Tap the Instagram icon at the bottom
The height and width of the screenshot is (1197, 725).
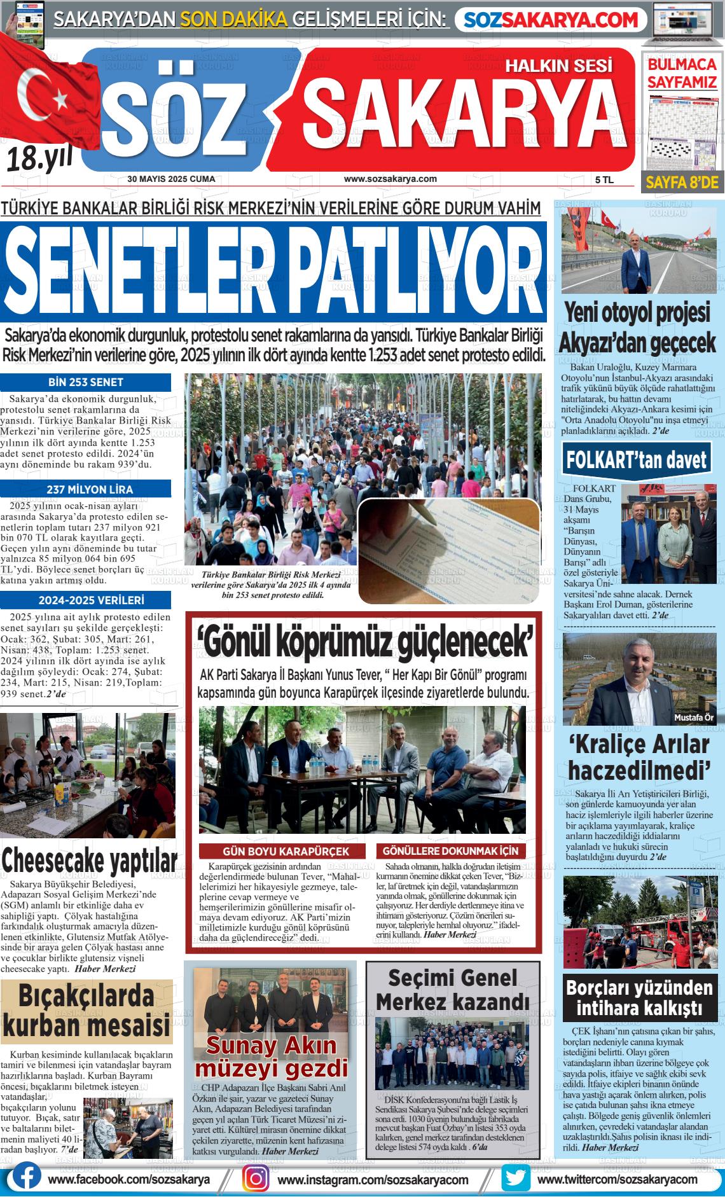[257, 1179]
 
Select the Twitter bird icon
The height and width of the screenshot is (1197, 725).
[515, 1179]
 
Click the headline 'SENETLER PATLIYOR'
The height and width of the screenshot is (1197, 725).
[273, 272]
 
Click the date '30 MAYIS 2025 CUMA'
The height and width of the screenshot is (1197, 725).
[171, 179]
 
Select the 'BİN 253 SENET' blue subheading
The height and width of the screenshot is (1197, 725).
[86, 382]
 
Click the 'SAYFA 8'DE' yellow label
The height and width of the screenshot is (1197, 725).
[681, 183]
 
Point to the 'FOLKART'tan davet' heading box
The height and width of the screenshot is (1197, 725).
[637, 459]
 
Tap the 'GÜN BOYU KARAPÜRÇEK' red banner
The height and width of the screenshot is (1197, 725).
[286, 851]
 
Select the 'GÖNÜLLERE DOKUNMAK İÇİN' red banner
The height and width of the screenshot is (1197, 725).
[450, 851]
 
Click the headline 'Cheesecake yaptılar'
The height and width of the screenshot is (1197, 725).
[89, 861]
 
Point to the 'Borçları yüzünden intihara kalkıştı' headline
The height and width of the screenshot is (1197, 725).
[639, 998]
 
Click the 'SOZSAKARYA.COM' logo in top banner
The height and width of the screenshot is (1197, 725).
[551, 20]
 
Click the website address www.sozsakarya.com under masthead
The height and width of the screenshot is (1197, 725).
[390, 179]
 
